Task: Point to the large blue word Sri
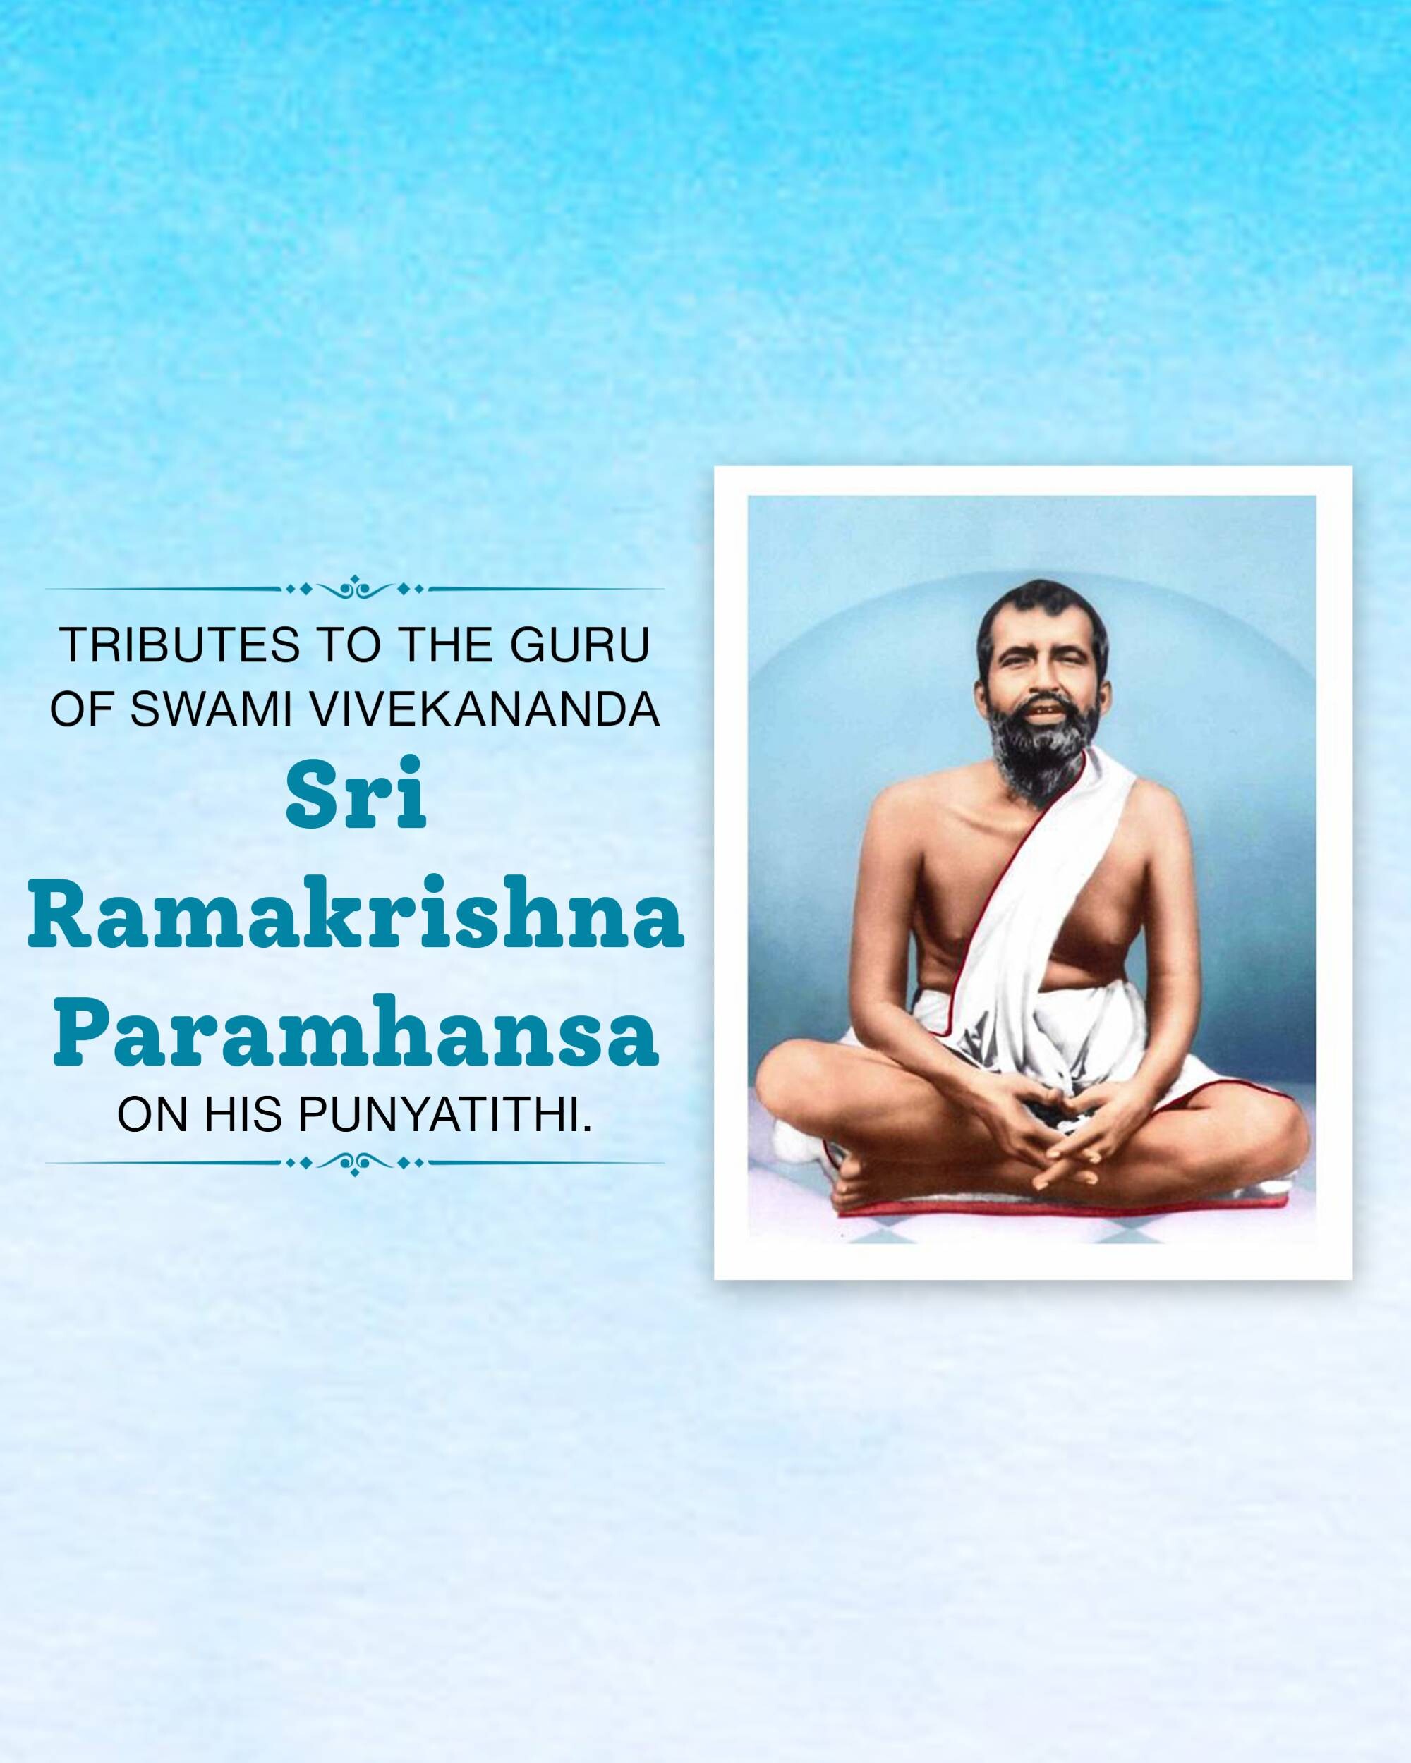point(356,793)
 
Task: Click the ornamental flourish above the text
point(354,589)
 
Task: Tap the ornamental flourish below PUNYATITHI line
point(354,1163)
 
